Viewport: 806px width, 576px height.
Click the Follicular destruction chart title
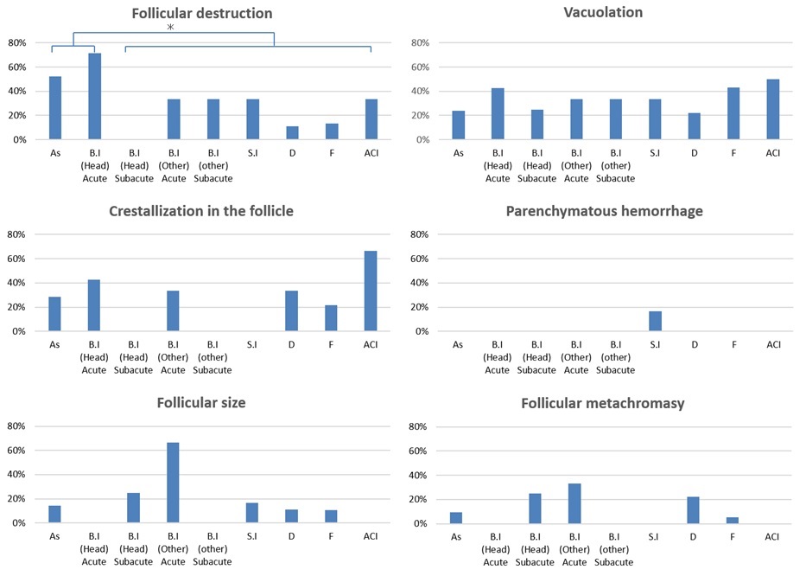tap(202, 13)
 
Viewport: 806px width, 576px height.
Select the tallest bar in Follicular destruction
tap(94, 96)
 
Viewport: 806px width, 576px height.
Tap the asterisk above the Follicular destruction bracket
tap(171, 29)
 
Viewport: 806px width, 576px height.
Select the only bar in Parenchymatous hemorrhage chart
tap(656, 321)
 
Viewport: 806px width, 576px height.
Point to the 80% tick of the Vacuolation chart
tap(418, 42)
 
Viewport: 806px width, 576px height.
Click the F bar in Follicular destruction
tap(331, 131)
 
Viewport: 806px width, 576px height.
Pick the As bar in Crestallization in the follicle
tap(54, 314)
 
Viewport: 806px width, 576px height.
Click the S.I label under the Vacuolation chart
tap(655, 154)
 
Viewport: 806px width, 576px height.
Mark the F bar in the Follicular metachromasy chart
tap(733, 520)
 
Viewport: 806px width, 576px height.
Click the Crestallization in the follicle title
tap(202, 211)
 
